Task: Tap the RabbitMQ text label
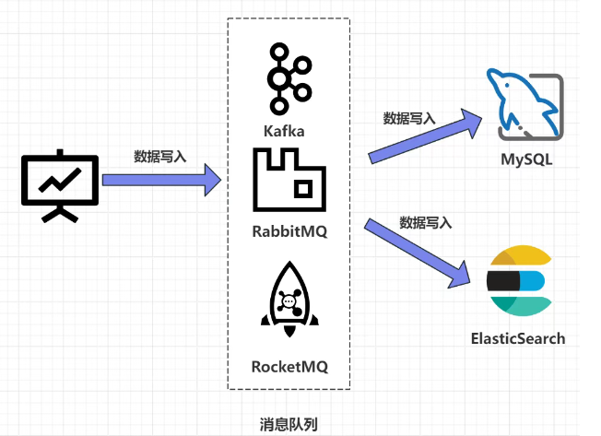point(289,231)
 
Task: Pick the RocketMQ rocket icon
point(289,299)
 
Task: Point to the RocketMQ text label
point(289,366)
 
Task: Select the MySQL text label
point(526,159)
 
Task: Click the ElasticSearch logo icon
point(517,280)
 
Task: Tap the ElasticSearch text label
point(517,337)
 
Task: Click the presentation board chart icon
point(58,184)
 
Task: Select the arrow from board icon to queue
point(161,177)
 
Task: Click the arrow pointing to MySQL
point(426,136)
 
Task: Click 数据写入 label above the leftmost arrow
point(160,157)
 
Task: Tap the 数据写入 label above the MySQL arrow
point(409,118)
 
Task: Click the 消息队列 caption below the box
point(289,424)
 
